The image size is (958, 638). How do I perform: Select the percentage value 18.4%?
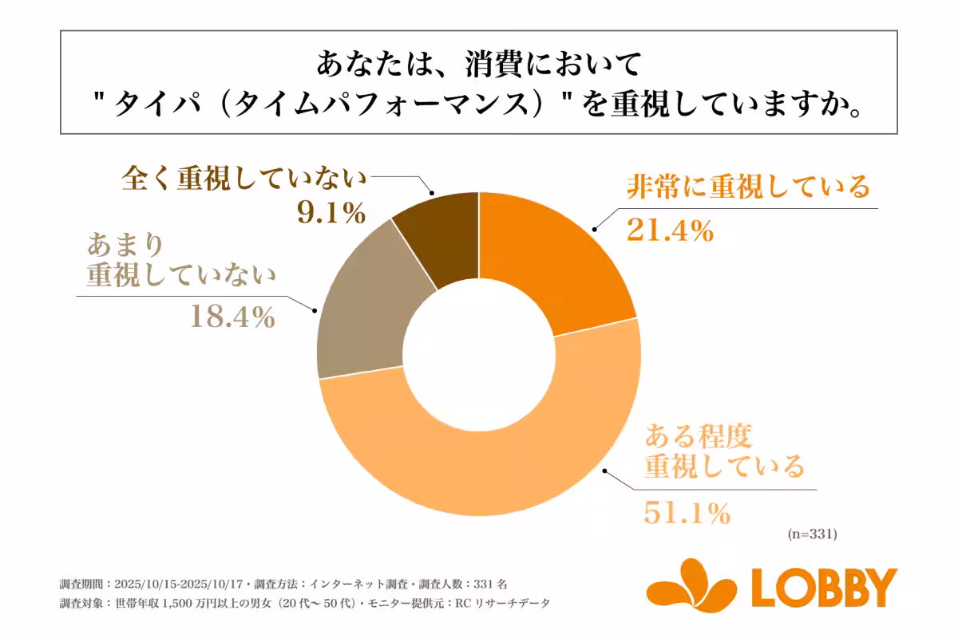(x=232, y=317)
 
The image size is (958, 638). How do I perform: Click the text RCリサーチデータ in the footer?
(x=503, y=604)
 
